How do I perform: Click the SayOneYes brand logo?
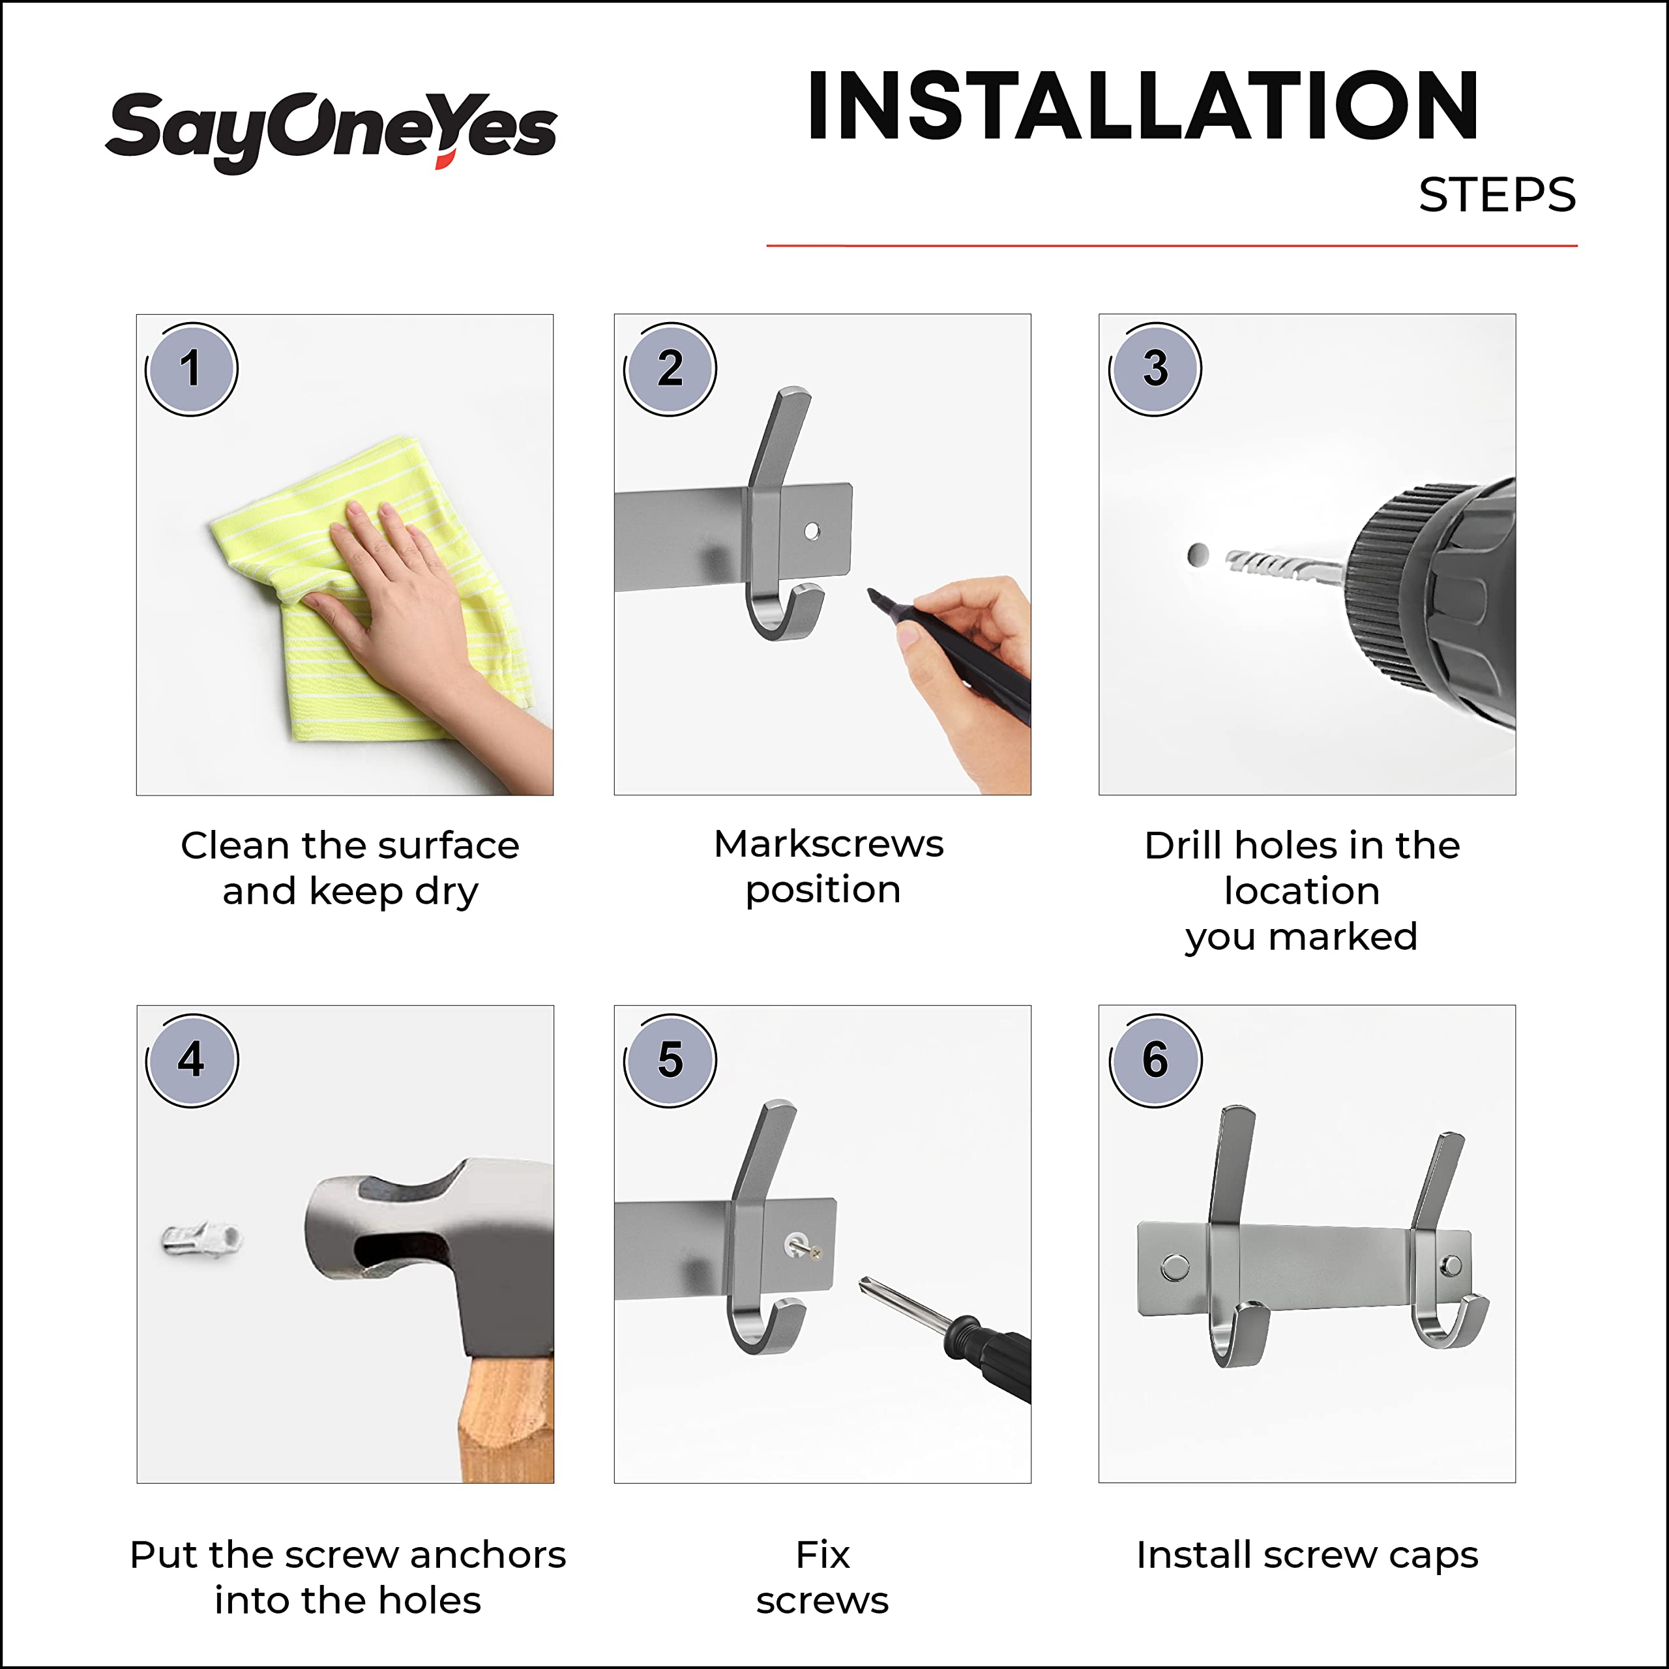pos(331,131)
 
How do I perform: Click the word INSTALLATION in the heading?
pos(1142,106)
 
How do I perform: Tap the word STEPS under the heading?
pos(1497,195)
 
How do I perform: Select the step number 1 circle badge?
pos(191,369)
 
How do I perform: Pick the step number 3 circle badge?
pos(1155,369)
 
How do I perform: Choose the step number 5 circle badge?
pos(670,1060)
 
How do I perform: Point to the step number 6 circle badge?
pos(1155,1060)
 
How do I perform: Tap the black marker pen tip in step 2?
pos(874,595)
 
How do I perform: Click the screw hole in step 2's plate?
pos(812,531)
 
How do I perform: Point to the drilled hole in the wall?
pos(1198,555)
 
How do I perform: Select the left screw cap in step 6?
pos(1175,1267)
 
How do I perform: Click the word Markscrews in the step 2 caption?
pos(829,844)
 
